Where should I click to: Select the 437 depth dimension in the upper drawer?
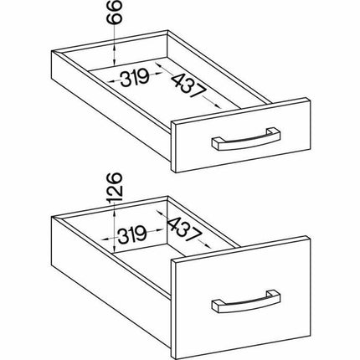[x=188, y=86]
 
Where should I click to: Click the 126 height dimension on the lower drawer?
[x=116, y=188]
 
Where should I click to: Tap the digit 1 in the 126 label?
[x=116, y=200]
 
